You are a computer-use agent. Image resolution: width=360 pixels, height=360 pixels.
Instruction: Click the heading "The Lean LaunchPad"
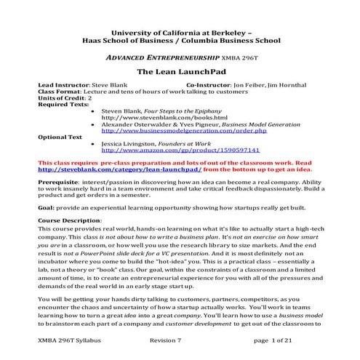click(179, 73)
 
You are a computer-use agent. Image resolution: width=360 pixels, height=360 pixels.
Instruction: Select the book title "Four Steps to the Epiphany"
click(184, 111)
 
